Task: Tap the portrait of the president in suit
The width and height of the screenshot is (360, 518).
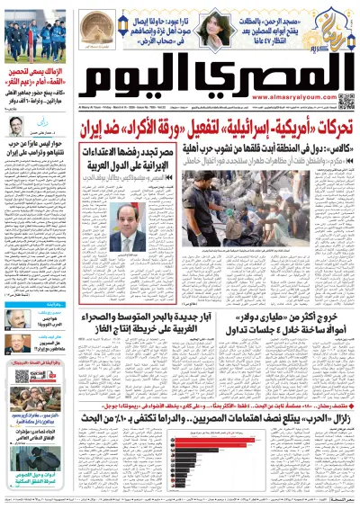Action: [x=130, y=227]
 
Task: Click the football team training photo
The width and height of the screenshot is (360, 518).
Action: [x=31, y=36]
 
